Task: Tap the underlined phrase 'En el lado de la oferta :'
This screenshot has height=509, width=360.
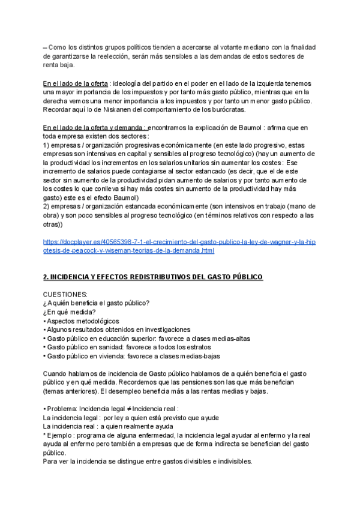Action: pos(76,83)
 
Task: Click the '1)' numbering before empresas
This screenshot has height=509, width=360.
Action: pos(47,145)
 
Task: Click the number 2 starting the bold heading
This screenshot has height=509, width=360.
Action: pos(46,277)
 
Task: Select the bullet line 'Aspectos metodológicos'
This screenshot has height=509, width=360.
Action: pos(83,321)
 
